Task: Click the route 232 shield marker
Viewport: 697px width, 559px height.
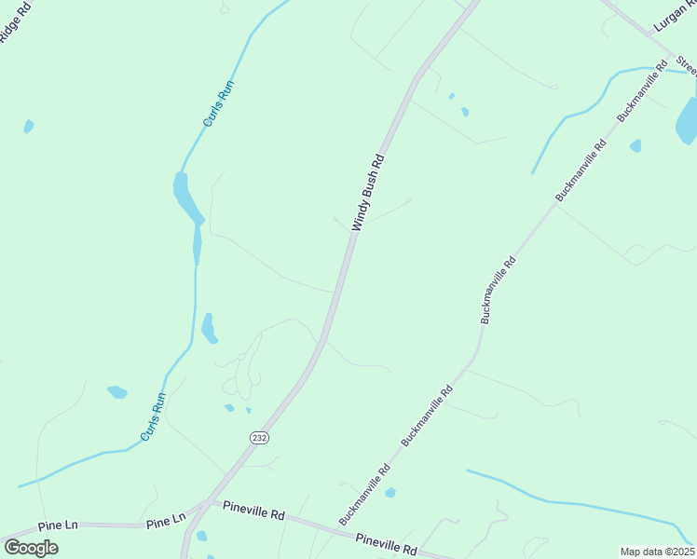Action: pyautogui.click(x=259, y=437)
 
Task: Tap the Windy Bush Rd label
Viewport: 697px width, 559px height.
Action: pyautogui.click(x=368, y=193)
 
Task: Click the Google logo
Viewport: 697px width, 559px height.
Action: pyautogui.click(x=31, y=547)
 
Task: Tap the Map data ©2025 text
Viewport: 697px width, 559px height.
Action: pyautogui.click(x=657, y=552)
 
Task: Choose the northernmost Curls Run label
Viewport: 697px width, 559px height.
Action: pyautogui.click(x=219, y=103)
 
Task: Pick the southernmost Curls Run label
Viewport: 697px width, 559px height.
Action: pyautogui.click(x=154, y=416)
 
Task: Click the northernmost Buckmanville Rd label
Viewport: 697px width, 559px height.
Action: pyautogui.click(x=644, y=92)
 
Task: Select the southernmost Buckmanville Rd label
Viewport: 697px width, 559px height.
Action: pyautogui.click(x=364, y=495)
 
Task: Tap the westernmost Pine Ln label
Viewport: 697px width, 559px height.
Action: pyautogui.click(x=59, y=526)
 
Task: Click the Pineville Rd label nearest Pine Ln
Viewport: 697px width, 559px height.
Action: pyautogui.click(x=253, y=512)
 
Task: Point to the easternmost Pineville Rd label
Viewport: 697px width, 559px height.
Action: pyautogui.click(x=386, y=545)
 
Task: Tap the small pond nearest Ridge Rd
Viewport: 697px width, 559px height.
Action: pyautogui.click(x=29, y=126)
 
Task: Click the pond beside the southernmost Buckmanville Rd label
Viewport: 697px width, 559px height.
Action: pyautogui.click(x=390, y=492)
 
